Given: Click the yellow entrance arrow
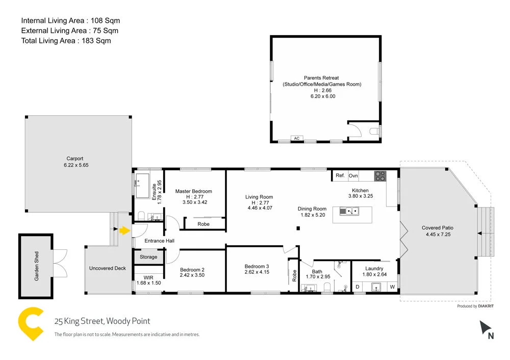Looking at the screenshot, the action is pos(124,230).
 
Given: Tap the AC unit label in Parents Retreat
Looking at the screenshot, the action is pos(297,138).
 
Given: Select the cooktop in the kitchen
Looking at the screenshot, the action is pos(380,176).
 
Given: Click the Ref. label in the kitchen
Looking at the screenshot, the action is pos(340,175).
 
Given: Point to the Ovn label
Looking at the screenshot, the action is pos(353,175).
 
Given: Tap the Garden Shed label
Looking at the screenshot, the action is pos(36,266).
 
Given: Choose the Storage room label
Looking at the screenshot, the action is pos(148,256).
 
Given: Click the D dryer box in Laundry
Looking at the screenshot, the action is pos(358,287).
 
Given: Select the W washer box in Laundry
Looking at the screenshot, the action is pos(392,287).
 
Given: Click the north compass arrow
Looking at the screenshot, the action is pos(484,327).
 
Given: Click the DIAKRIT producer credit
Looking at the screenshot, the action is pos(486,306).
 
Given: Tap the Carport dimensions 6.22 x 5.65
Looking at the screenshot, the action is pos(76,165).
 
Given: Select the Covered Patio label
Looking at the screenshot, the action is pos(438,227).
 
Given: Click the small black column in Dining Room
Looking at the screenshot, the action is pos(298,228).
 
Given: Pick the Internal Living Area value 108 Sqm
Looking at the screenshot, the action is pos(105,20).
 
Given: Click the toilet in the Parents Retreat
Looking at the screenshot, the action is pos(375,132).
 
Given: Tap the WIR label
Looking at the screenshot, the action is pos(148,277).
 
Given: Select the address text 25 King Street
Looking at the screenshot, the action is pos(79,321).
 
